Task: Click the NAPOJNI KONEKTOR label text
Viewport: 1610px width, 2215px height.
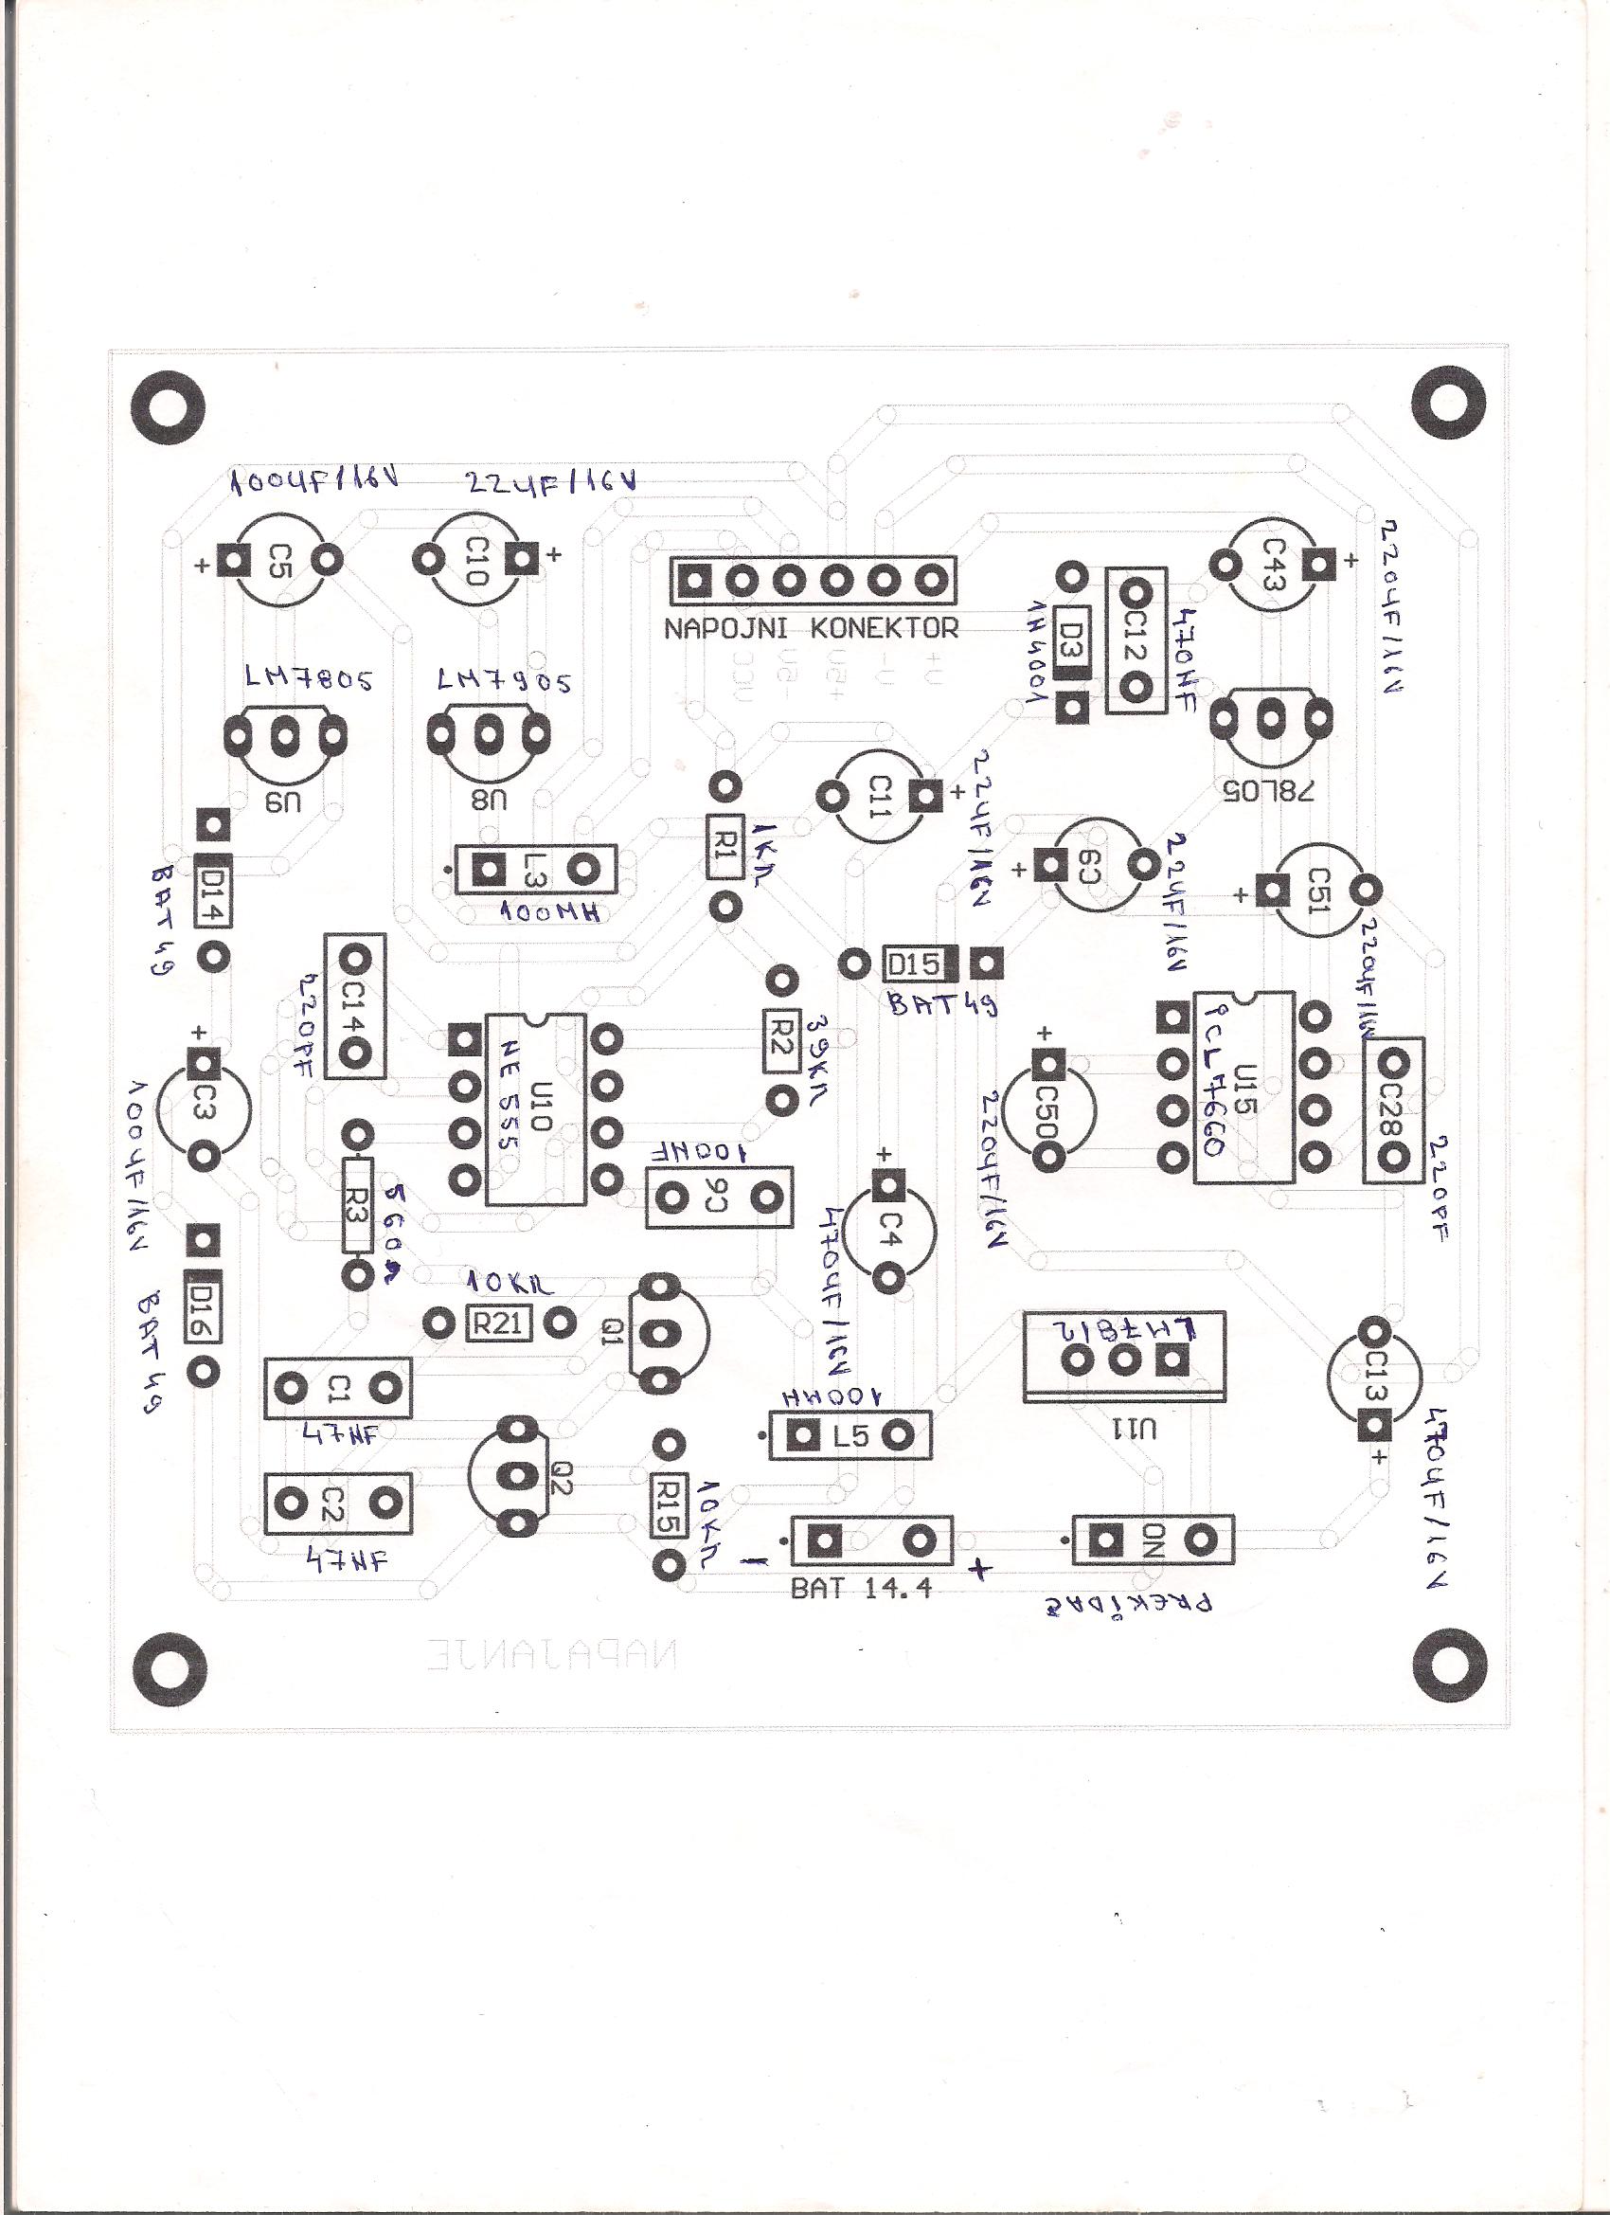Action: (x=812, y=628)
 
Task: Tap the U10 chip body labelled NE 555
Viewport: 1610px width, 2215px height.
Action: (x=535, y=1108)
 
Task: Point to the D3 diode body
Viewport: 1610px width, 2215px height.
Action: (x=1071, y=639)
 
